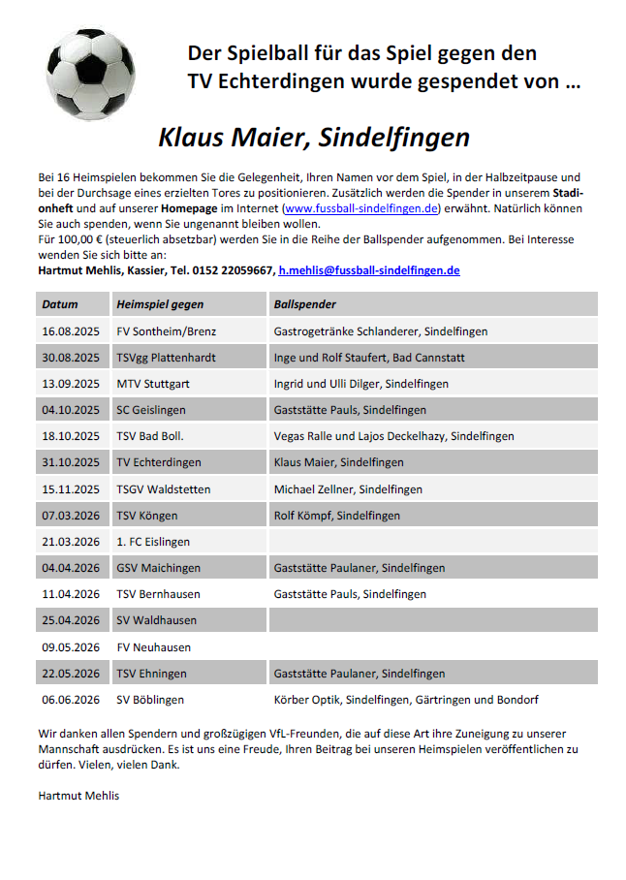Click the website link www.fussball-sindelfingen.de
[x=361, y=208]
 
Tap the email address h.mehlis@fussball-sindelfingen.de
[x=368, y=270]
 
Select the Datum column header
[x=60, y=304]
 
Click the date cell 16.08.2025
[x=71, y=331]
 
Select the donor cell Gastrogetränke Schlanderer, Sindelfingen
[x=381, y=331]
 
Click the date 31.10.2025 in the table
[x=71, y=462]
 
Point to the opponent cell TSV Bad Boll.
[x=150, y=436]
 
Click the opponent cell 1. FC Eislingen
[x=153, y=542]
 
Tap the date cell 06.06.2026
[x=71, y=699]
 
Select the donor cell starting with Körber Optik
[x=406, y=699]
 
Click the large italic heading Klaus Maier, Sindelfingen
[x=313, y=138]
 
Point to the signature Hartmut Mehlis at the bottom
[x=78, y=796]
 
